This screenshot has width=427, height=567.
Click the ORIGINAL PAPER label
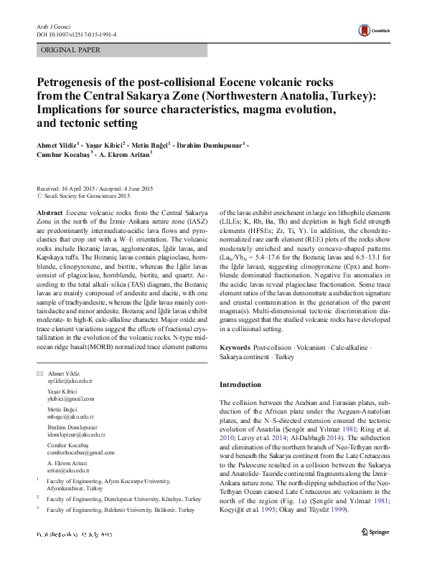coord(70,50)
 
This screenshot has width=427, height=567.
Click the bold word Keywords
coord(235,347)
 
